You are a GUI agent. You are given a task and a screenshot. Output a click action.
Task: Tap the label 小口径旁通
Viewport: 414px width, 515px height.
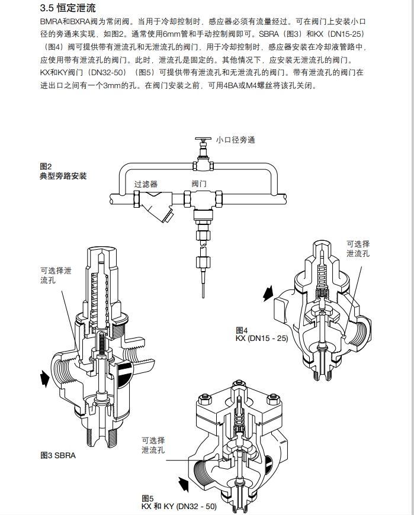(235, 140)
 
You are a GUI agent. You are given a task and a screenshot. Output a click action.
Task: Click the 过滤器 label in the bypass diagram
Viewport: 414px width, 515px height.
(146, 184)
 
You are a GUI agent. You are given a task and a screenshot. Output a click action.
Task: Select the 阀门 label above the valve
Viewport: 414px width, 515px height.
(199, 184)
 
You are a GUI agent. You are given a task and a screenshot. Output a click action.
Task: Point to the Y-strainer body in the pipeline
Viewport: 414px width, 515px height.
(159, 207)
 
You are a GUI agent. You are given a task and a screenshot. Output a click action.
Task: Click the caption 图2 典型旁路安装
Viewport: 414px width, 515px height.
(63, 171)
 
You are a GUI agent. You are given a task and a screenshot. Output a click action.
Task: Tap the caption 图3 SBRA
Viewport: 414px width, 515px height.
(58, 455)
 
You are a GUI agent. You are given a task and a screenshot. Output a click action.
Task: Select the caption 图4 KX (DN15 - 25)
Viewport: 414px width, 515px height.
(261, 334)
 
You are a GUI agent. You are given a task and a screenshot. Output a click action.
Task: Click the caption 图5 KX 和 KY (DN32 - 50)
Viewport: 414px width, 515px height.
(178, 503)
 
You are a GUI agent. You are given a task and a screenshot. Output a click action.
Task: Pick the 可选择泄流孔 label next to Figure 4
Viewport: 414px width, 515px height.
(358, 249)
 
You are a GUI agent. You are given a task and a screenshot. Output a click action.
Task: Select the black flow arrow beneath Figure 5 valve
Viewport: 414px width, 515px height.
(184, 484)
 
